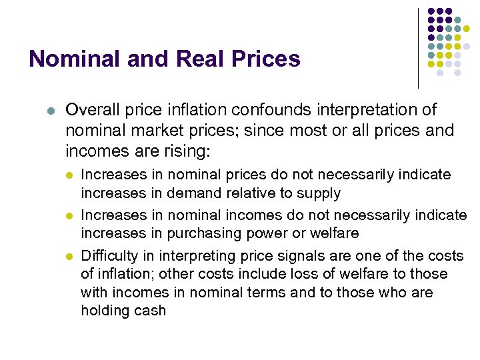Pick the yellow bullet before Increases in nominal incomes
pyautogui.click(x=69, y=216)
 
